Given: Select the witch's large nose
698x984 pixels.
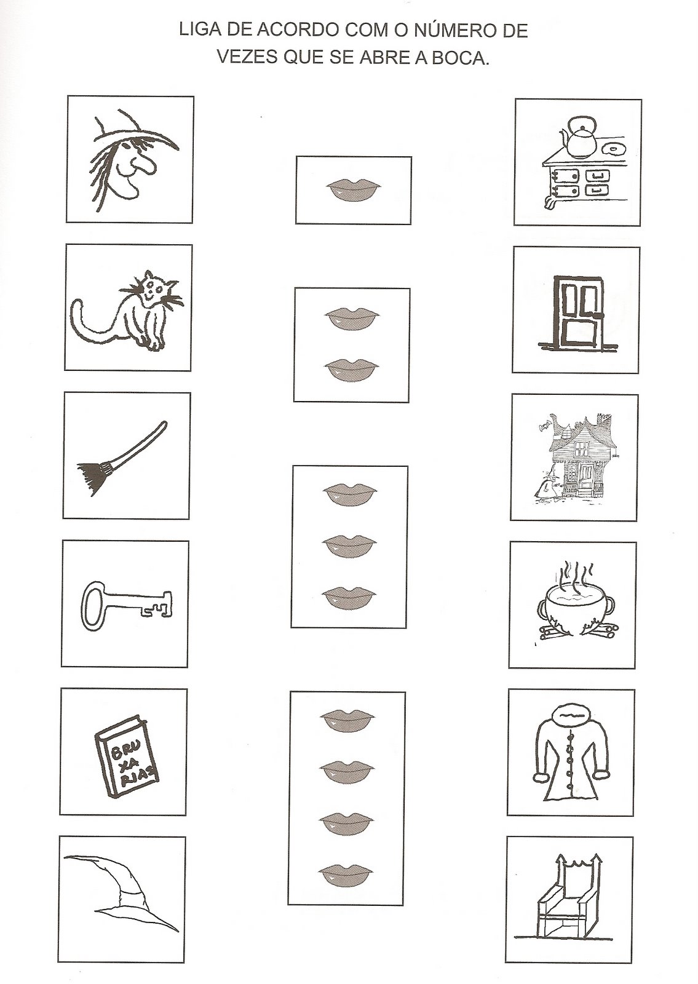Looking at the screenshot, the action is [x=147, y=165].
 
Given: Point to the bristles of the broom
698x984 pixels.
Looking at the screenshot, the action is [x=93, y=477].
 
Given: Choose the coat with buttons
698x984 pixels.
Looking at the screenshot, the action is [x=573, y=752].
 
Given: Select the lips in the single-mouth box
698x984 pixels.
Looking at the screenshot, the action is [x=354, y=190].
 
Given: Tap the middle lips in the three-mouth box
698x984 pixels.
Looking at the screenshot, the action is [x=350, y=546].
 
